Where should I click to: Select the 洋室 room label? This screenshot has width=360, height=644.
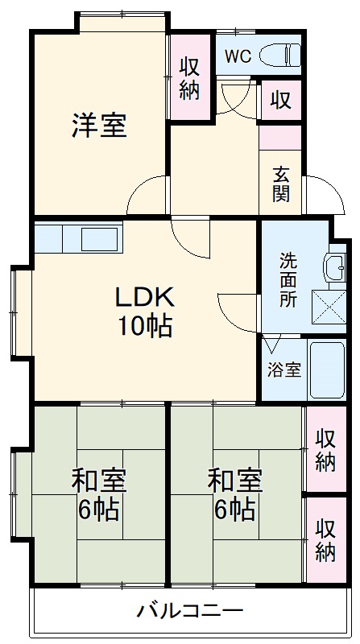pyautogui.click(x=99, y=126)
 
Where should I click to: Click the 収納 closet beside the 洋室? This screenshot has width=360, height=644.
pyautogui.click(x=189, y=78)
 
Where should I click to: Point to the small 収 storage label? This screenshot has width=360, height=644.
pyautogui.click(x=279, y=100)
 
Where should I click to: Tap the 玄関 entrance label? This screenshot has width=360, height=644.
pyautogui.click(x=280, y=184)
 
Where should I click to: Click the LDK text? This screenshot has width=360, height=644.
pyautogui.click(x=144, y=298)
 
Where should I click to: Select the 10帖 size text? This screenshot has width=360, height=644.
pyautogui.click(x=144, y=327)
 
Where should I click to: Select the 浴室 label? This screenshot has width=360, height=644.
pyautogui.click(x=284, y=370)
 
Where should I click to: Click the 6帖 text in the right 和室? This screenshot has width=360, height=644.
pyautogui.click(x=235, y=509)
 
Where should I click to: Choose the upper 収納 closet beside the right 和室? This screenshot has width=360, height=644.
pyautogui.click(x=325, y=449)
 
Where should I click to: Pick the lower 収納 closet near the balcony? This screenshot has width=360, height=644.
pyautogui.click(x=325, y=540)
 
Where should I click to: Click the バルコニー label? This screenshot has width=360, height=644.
pyautogui.click(x=190, y=610)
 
